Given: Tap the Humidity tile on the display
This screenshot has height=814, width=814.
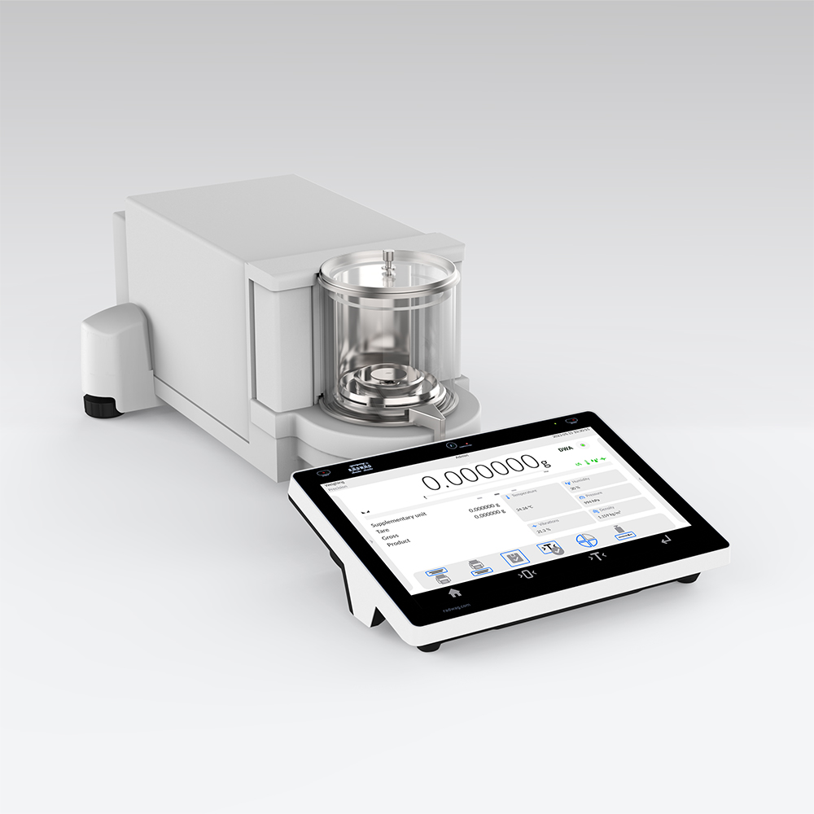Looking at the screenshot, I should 593,484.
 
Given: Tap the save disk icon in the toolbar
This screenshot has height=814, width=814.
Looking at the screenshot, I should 514,558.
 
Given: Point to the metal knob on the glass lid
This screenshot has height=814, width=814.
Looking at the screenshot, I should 388,258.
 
